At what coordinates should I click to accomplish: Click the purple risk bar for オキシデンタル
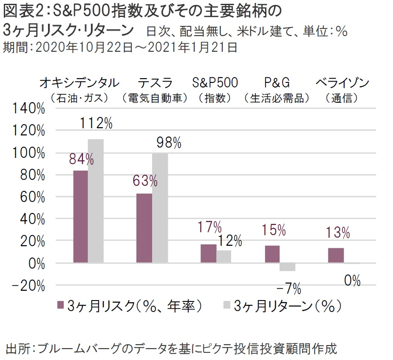[x=80, y=217]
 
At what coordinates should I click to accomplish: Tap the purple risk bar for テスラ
[x=144, y=228]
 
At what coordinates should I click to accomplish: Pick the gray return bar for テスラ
[x=160, y=208]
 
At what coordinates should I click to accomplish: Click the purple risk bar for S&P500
[x=208, y=253]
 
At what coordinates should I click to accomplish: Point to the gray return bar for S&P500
[x=223, y=256]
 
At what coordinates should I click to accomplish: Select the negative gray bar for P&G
[x=288, y=267]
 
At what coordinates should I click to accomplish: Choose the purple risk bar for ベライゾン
[x=336, y=255]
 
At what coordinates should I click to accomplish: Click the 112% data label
[x=96, y=124]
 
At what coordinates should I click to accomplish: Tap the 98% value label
[x=168, y=143]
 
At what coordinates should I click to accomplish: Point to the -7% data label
[x=288, y=290]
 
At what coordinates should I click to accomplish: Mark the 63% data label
[x=144, y=181]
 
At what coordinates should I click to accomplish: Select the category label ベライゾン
[x=342, y=82]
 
